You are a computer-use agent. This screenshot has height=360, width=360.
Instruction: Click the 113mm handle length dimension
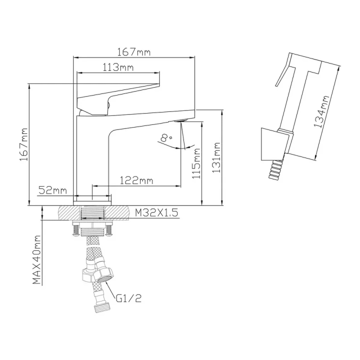point(119,67)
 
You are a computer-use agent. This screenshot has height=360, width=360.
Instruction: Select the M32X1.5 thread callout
point(156,212)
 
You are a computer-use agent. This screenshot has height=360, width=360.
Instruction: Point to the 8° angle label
point(164,137)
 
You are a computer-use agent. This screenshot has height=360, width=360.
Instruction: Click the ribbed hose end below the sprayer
point(275,168)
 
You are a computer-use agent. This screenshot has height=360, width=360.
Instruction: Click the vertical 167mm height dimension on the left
point(23,145)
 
